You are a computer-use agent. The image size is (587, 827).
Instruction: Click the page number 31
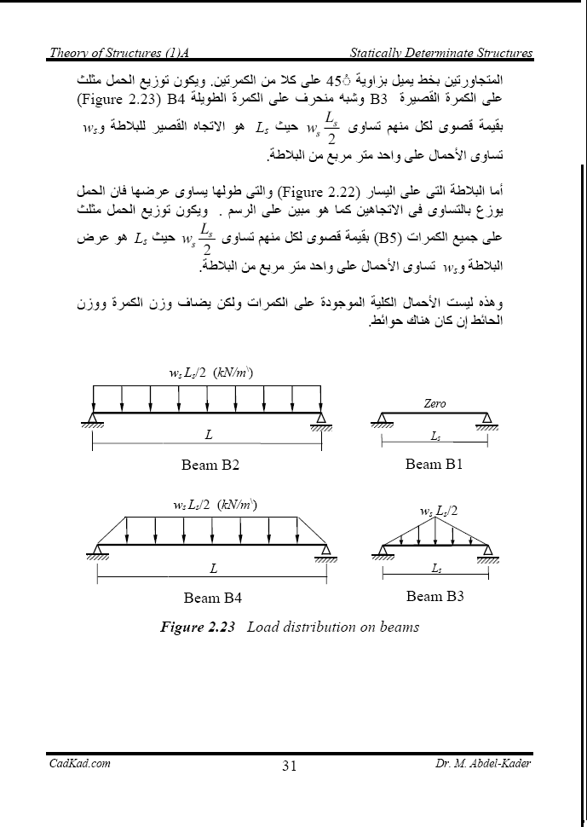(x=288, y=766)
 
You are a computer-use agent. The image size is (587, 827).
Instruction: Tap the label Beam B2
(x=210, y=465)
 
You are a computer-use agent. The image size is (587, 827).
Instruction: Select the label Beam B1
(x=434, y=464)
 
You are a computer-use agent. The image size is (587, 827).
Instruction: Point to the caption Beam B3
(x=435, y=596)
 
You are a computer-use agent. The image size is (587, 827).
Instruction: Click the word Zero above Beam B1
(x=434, y=403)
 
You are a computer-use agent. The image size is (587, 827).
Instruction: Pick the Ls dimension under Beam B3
(x=435, y=568)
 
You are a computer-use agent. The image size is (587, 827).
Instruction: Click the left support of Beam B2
(x=93, y=419)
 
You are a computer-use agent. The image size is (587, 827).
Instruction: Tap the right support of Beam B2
(x=321, y=419)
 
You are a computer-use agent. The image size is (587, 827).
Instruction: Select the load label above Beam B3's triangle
(x=439, y=511)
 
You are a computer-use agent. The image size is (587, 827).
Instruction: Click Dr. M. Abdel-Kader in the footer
(x=481, y=764)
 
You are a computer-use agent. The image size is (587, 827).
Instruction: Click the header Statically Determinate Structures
(x=442, y=53)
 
